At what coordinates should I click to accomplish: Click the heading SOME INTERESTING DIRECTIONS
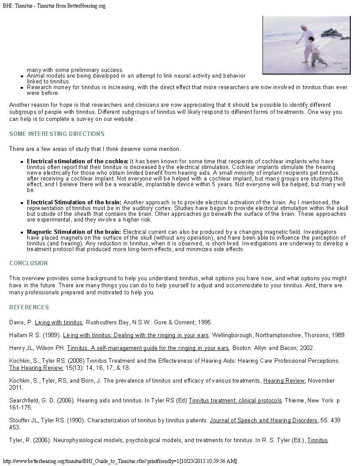pyautogui.click(x=57, y=134)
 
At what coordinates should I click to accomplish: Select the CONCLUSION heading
pyautogui.click(x=29, y=263)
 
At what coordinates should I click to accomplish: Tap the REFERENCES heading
pyautogui.click(x=29, y=307)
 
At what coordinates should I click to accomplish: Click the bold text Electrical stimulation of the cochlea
pyautogui.click(x=78, y=162)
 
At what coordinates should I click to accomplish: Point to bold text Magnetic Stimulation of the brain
pyautogui.click(x=74, y=232)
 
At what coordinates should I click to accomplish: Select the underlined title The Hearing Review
pyautogui.click(x=30, y=368)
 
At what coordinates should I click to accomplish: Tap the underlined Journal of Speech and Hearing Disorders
pyautogui.click(x=263, y=420)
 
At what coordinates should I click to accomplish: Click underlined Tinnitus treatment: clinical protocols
pyautogui.click(x=235, y=400)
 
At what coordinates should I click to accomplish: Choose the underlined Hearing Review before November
pyautogui.click(x=284, y=380)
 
